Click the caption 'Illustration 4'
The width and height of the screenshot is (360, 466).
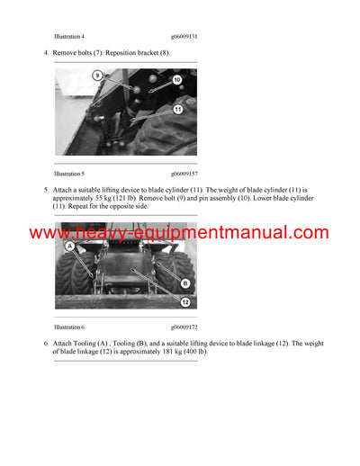pyautogui.click(x=69, y=36)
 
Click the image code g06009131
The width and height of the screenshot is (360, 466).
pyautogui.click(x=184, y=36)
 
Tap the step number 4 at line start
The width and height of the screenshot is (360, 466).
pyautogui.click(x=45, y=54)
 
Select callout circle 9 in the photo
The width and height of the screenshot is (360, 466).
pyautogui.click(x=97, y=76)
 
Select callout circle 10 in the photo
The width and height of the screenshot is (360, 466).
pyautogui.click(x=176, y=80)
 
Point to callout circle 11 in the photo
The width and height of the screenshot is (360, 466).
pyautogui.click(x=177, y=109)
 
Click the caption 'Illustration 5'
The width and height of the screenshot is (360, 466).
pyautogui.click(x=69, y=173)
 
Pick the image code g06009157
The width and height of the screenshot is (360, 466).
pyautogui.click(x=184, y=173)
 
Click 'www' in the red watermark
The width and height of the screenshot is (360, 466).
pyautogui.click(x=54, y=233)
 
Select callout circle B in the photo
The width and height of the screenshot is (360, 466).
pyautogui.click(x=185, y=283)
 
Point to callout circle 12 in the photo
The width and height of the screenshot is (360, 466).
pyautogui.click(x=185, y=303)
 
